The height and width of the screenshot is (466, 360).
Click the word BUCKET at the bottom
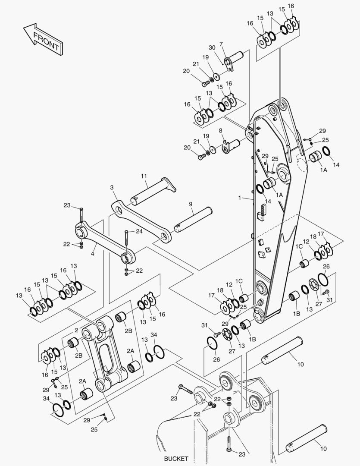[176, 458]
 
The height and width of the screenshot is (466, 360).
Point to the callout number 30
[212, 47]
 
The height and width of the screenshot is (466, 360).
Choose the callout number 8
[221, 130]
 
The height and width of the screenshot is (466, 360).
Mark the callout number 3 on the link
[112, 188]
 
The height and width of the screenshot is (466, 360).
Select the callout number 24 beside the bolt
[139, 231]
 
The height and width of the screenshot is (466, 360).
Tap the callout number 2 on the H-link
[76, 330]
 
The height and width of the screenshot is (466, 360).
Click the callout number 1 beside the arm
[240, 198]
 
